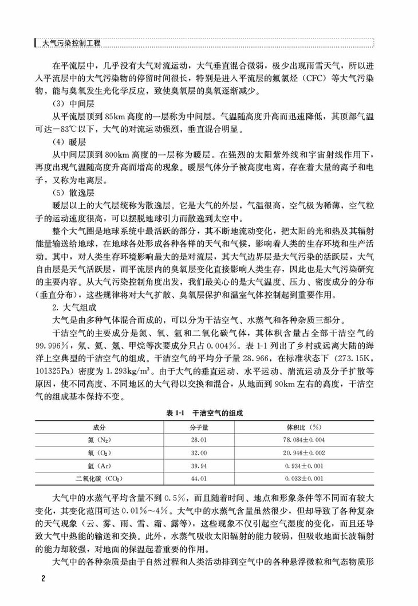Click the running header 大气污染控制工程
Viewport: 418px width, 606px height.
pyautogui.click(x=71, y=43)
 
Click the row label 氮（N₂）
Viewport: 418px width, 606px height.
pyautogui.click(x=99, y=440)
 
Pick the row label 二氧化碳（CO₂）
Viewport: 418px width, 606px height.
pyautogui.click(x=99, y=478)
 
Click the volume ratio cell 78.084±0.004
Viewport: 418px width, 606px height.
pyautogui.click(x=303, y=440)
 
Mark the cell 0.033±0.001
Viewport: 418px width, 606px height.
pyautogui.click(x=303, y=478)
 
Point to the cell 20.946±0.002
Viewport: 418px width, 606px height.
pyautogui.click(x=303, y=453)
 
